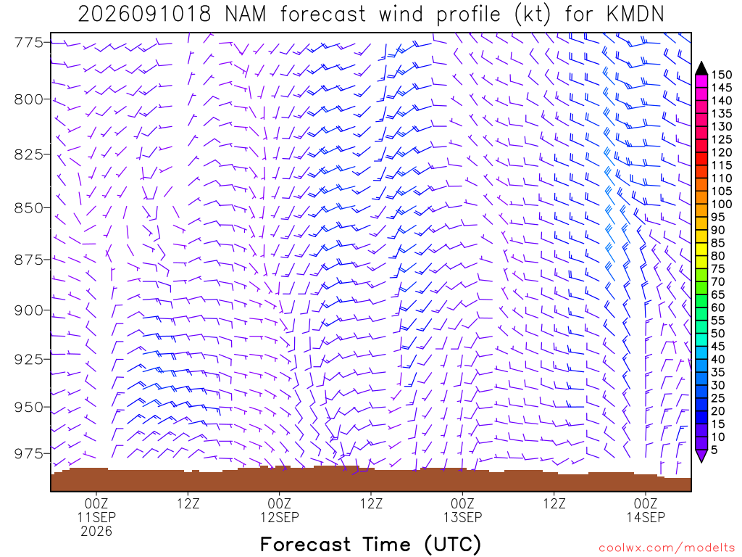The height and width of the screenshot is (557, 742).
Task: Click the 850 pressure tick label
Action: pos(28,207)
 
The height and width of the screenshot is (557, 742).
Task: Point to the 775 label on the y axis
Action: pos(28,43)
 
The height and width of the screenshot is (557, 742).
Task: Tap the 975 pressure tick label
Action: pos(28,453)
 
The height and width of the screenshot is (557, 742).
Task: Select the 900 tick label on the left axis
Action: pos(28,310)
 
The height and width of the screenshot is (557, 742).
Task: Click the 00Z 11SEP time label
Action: pos(96,510)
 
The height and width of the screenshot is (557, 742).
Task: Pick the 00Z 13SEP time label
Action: pos(462,510)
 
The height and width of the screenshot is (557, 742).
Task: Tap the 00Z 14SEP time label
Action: pos(646,510)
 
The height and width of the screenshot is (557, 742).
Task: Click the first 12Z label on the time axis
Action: pos(188,503)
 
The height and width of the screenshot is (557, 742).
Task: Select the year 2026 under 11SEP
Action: pos(96,532)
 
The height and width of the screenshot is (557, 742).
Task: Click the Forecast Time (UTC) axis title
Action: pos(370,545)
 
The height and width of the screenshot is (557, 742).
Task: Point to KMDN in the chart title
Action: pos(635,15)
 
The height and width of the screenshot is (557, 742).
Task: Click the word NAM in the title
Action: pos(245,15)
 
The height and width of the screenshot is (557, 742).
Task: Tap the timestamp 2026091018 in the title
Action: pos(144,15)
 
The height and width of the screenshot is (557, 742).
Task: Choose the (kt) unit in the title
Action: pos(533,15)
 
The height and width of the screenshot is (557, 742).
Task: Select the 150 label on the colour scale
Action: pos(722,75)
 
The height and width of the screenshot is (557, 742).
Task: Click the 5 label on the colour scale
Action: pos(714,450)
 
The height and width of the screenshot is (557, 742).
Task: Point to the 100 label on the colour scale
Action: pos(722,204)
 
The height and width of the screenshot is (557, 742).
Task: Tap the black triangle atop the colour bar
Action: pos(701,68)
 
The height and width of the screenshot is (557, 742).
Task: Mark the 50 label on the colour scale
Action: pos(718,334)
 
